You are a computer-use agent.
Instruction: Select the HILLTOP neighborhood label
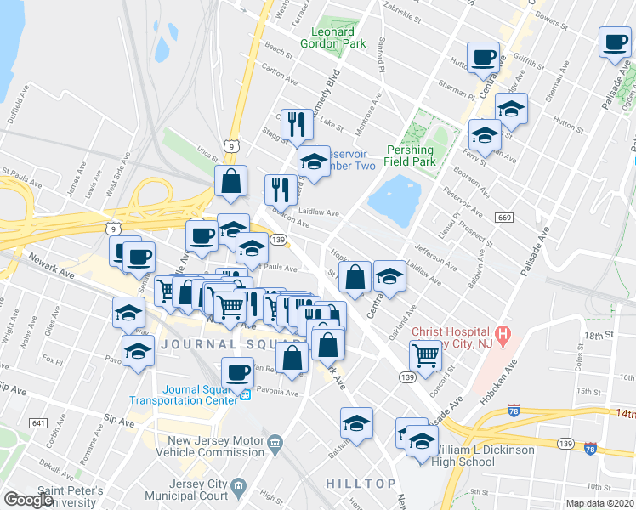click(361, 483)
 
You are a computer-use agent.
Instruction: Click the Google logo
click(28, 500)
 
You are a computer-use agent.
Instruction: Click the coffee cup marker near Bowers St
click(614, 42)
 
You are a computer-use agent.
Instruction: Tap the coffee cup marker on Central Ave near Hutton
click(483, 57)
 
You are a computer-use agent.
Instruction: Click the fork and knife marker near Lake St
click(295, 125)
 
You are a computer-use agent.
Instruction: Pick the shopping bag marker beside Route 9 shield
click(230, 180)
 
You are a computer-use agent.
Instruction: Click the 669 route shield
click(504, 218)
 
